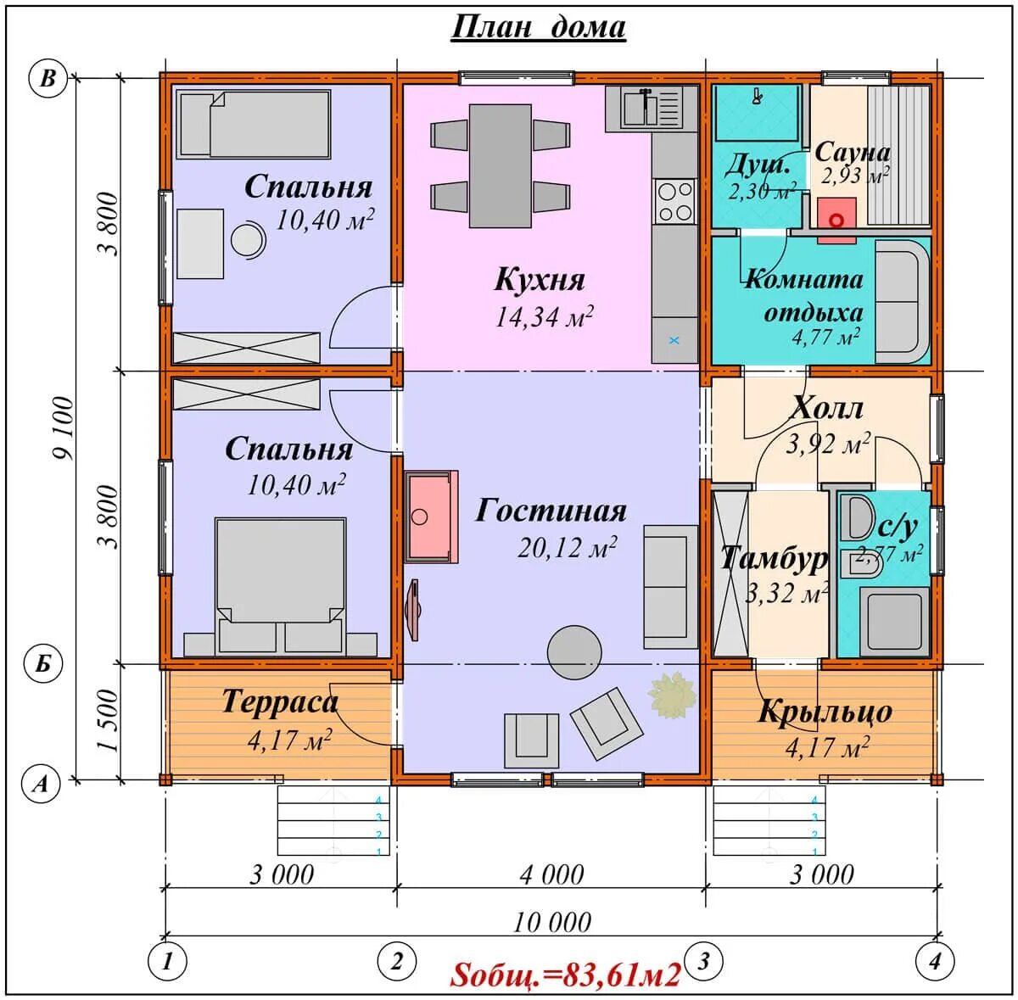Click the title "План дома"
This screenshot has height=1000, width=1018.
click(539, 27)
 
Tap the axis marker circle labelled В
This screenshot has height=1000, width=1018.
click(48, 79)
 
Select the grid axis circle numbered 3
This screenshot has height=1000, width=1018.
click(703, 961)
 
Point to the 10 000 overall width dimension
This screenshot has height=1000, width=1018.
click(552, 923)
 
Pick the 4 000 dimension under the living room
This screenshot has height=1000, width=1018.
click(552, 875)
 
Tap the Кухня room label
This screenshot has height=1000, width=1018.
click(540, 279)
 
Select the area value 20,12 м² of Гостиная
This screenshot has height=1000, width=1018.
click(567, 548)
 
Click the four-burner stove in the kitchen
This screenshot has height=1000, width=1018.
click(674, 201)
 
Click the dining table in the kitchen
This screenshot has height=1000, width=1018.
click(501, 166)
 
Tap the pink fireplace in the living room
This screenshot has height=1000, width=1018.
click(431, 517)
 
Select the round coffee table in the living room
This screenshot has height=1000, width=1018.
click(574, 652)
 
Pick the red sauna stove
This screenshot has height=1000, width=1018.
click(836, 221)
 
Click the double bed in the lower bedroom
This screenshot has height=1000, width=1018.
click(281, 584)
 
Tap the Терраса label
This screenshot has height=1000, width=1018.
click(279, 702)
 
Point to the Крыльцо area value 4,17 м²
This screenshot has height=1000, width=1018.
click(827, 747)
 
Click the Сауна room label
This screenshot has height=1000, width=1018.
click(852, 153)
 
